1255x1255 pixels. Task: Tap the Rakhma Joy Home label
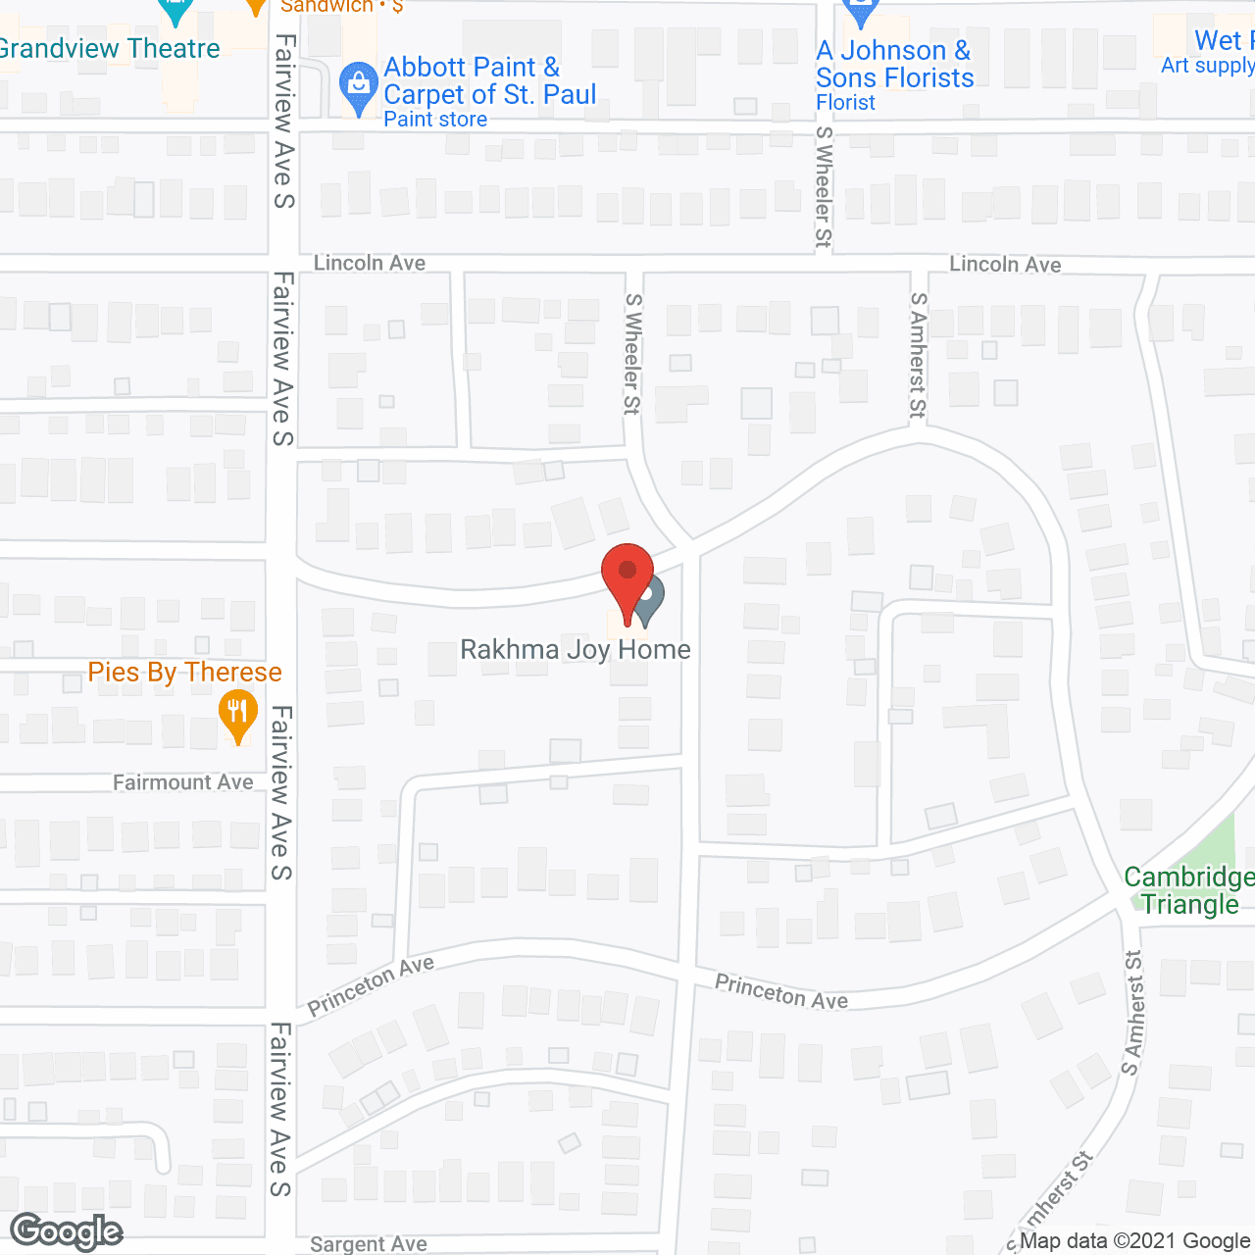pyautogui.click(x=576, y=649)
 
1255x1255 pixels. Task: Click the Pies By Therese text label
pyautogui.click(x=184, y=673)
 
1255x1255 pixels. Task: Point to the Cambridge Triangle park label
pyautogui.click(x=1188, y=890)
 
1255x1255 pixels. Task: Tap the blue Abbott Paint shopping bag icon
pyautogui.click(x=358, y=86)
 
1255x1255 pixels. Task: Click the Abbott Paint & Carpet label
pyautogui.click(x=489, y=80)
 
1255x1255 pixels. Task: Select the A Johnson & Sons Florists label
pyautogui.click(x=894, y=64)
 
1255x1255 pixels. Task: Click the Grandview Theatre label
pyautogui.click(x=110, y=48)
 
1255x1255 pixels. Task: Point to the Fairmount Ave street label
pyautogui.click(x=182, y=782)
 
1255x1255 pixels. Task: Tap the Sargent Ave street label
pyautogui.click(x=368, y=1244)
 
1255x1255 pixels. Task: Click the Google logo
pyautogui.click(x=67, y=1231)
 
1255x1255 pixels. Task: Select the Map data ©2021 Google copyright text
pyautogui.click(x=1134, y=1241)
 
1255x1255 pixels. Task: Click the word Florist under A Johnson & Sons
pyautogui.click(x=845, y=102)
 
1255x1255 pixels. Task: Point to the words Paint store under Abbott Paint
pyautogui.click(x=435, y=120)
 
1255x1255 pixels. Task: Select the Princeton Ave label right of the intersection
pyautogui.click(x=780, y=991)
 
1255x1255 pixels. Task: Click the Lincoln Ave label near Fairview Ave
pyautogui.click(x=370, y=263)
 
